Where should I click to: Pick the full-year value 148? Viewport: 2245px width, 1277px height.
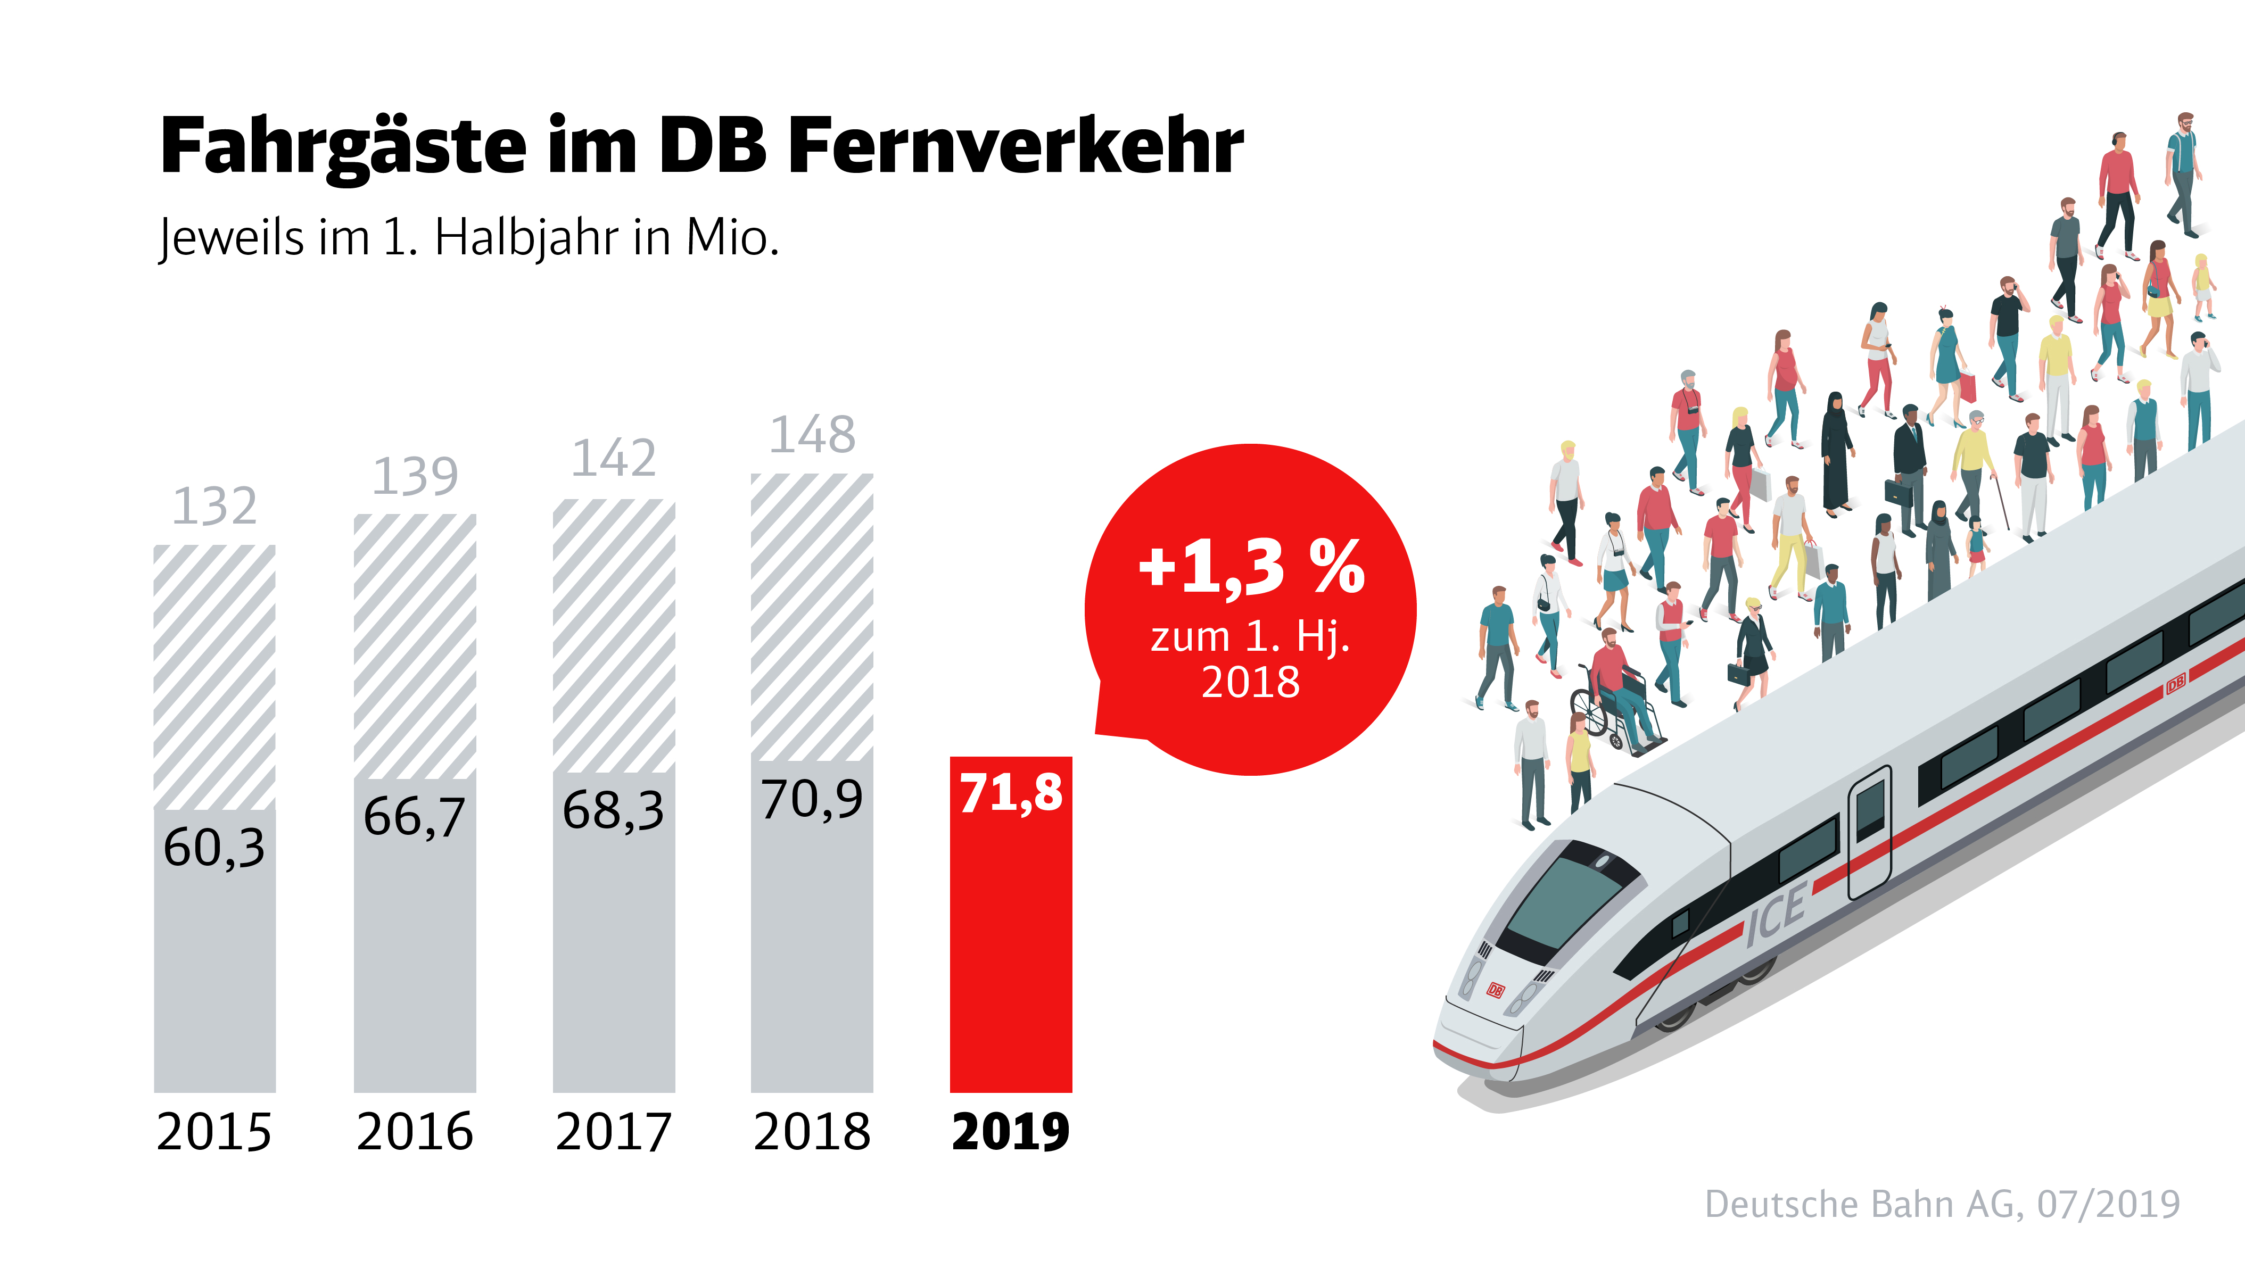pyautogui.click(x=812, y=435)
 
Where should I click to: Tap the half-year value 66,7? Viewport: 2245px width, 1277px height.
pyautogui.click(x=414, y=817)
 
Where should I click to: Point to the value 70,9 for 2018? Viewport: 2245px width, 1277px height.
pyautogui.click(x=812, y=799)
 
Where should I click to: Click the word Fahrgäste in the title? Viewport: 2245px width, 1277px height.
pyautogui.click(x=343, y=146)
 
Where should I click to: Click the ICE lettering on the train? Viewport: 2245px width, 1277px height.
pyautogui.click(x=1774, y=915)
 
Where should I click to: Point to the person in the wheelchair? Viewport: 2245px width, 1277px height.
pyautogui.click(x=1613, y=684)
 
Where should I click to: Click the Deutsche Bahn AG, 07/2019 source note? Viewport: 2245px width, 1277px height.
pyautogui.click(x=1942, y=1204)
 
